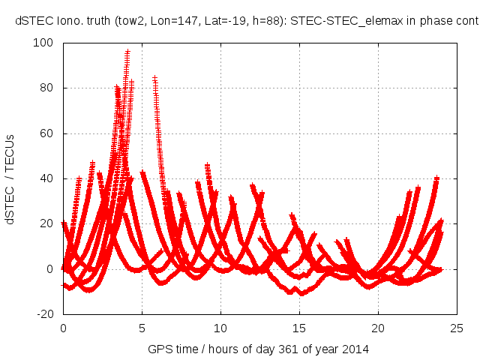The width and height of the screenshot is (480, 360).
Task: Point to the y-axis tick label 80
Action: pyautogui.click(x=49, y=88)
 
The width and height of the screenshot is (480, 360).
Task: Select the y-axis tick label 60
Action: pyautogui.click(x=49, y=133)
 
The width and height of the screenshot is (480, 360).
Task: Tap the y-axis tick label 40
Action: pyautogui.click(x=49, y=178)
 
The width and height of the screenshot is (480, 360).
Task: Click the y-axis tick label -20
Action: pyautogui.click(x=48, y=314)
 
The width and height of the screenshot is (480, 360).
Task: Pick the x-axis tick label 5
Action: pyautogui.click(x=142, y=328)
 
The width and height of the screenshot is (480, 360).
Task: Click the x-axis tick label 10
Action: pyautogui.click(x=220, y=328)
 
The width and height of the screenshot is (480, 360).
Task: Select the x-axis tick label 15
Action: pyautogui.click(x=299, y=328)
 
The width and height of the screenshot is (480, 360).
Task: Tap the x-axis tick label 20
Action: pyautogui.click(x=378, y=328)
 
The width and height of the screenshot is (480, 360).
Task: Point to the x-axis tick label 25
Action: pyautogui.click(x=457, y=328)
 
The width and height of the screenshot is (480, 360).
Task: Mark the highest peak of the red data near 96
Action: pyautogui.click(x=127, y=52)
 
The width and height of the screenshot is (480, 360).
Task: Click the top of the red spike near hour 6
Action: pyautogui.click(x=154, y=78)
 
